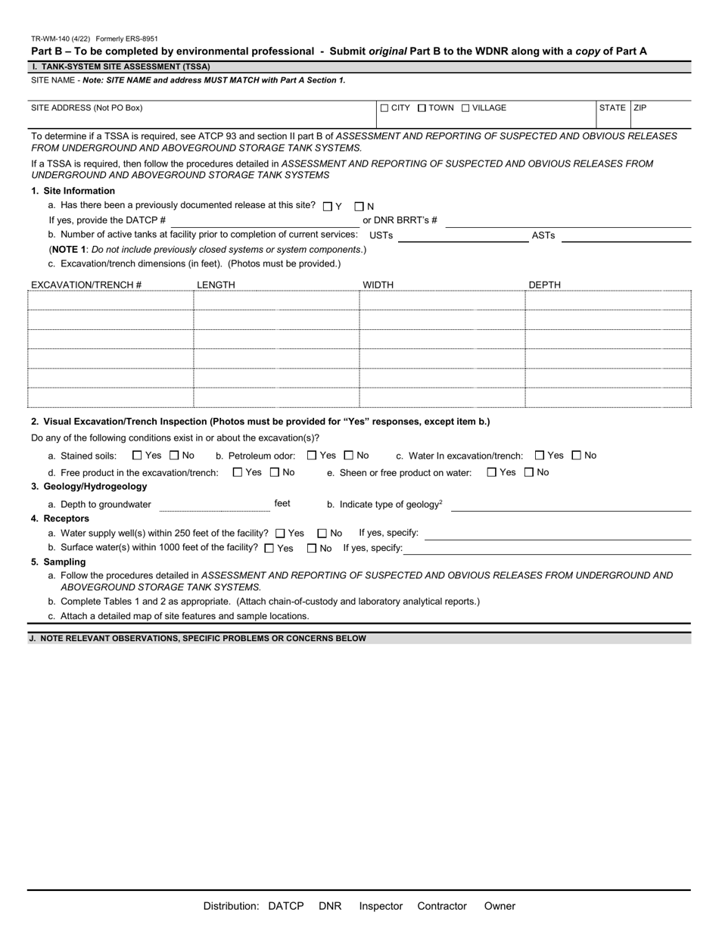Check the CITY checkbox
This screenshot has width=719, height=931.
pyautogui.click(x=384, y=108)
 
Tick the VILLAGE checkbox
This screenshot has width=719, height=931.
pyautogui.click(x=465, y=108)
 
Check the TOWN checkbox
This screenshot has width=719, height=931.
pyautogui.click(x=422, y=108)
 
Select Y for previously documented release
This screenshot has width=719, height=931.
pyautogui.click(x=327, y=206)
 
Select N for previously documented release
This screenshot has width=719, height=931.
pyautogui.click(x=359, y=206)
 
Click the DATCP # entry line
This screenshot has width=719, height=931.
pyautogui.click(x=265, y=220)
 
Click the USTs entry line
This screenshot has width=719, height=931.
pyautogui.click(x=462, y=235)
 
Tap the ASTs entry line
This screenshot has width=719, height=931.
pyautogui.click(x=626, y=235)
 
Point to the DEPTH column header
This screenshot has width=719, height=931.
pyautogui.click(x=545, y=285)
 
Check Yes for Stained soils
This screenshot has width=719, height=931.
pyautogui.click(x=137, y=456)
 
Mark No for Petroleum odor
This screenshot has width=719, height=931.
pyautogui.click(x=349, y=456)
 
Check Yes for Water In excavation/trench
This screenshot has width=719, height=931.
pyautogui.click(x=540, y=456)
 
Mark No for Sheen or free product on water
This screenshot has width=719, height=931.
pyautogui.click(x=529, y=472)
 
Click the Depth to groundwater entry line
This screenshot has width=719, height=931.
pyautogui.click(x=214, y=505)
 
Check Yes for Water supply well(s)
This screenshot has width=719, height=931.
pyautogui.click(x=281, y=534)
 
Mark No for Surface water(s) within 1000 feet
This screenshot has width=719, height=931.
pyautogui.click(x=312, y=548)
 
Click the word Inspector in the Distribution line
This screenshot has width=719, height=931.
pyautogui.click(x=381, y=906)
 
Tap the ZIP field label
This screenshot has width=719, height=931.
pyautogui.click(x=640, y=108)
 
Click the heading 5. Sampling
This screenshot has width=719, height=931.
pyautogui.click(x=58, y=562)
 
